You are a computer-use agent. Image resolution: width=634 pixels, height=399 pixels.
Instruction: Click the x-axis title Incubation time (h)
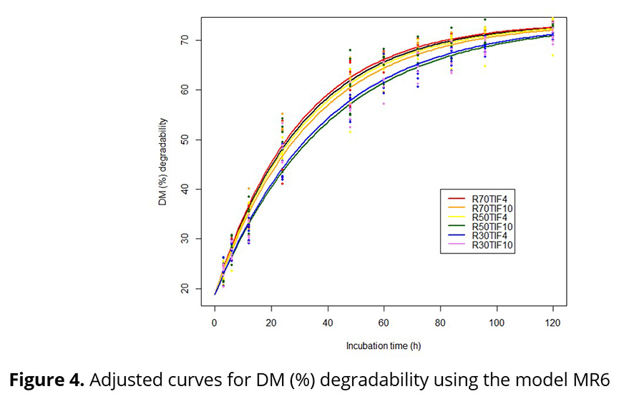383,345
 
